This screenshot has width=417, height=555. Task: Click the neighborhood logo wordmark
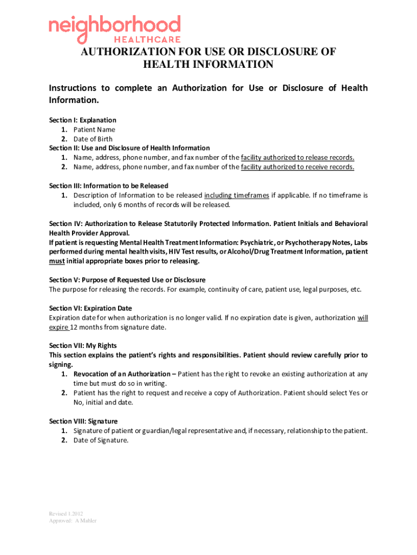pyautogui.click(x=114, y=26)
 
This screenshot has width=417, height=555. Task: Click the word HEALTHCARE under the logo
pyautogui.click(x=147, y=40)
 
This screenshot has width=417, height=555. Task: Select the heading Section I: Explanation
pyautogui.click(x=82, y=120)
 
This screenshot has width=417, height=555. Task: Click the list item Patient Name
pyautogui.click(x=94, y=130)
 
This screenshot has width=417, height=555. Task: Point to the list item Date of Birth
pyautogui.click(x=93, y=139)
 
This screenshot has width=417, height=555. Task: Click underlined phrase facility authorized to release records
pyautogui.click(x=297, y=157)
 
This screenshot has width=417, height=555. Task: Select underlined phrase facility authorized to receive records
pyautogui.click(x=297, y=167)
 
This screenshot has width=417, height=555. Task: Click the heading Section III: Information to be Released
pyautogui.click(x=108, y=185)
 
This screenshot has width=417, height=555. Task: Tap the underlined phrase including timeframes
pyautogui.click(x=236, y=195)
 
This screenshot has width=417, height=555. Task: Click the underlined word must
pyautogui.click(x=57, y=261)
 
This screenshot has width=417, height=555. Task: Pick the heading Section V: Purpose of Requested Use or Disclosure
pyautogui.click(x=127, y=280)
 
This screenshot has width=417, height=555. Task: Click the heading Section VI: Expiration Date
pyautogui.click(x=90, y=308)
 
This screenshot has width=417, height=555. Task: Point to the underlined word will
pyautogui.click(x=362, y=318)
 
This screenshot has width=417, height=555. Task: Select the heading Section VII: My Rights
pyautogui.click(x=83, y=345)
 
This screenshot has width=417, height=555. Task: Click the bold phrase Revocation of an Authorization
pyautogui.click(x=122, y=374)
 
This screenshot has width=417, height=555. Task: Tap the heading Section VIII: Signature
pyautogui.click(x=83, y=421)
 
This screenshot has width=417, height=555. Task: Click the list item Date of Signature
pyautogui.click(x=101, y=440)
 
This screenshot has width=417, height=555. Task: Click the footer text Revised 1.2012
pyautogui.click(x=66, y=513)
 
